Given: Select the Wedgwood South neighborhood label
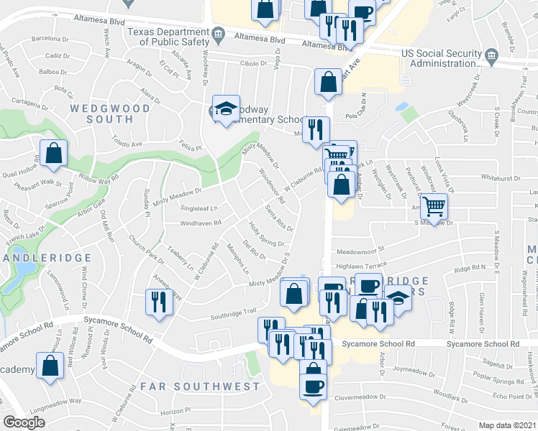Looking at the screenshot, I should [x=110, y=113].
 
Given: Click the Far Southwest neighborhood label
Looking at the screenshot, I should [x=200, y=386].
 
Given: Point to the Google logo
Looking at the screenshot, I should [x=24, y=422].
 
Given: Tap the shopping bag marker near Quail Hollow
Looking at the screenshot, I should [x=54, y=153].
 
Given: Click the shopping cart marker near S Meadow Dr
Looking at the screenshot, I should [x=434, y=206].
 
